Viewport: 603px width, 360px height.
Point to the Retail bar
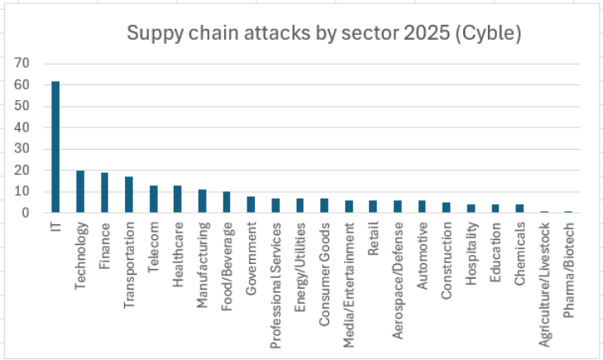(373, 207)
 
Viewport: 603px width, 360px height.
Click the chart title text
(323, 34)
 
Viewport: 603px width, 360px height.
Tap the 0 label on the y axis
(26, 213)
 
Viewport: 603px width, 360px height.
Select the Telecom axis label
(154, 241)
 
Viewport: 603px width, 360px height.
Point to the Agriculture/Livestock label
(544, 272)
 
